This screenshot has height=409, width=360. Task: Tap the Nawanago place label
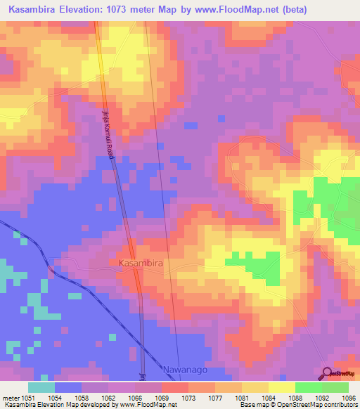[x=186, y=370]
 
